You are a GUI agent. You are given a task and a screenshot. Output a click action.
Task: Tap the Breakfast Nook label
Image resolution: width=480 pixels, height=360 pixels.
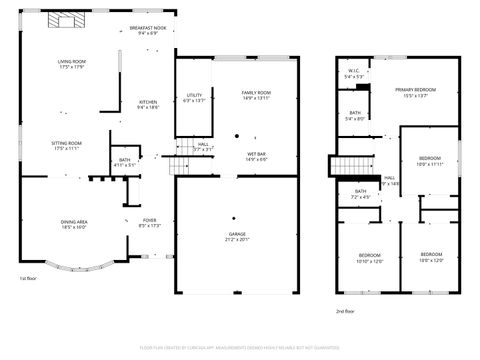click(x=147, y=29)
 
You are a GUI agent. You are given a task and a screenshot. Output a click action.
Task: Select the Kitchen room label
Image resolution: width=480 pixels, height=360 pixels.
click(x=148, y=102)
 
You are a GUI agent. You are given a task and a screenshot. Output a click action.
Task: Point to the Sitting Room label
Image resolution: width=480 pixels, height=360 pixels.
click(x=67, y=143)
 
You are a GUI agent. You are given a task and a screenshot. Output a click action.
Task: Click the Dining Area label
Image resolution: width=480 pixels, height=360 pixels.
click(x=75, y=222)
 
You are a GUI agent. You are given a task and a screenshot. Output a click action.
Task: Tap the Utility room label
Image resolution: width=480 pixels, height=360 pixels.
click(x=194, y=96)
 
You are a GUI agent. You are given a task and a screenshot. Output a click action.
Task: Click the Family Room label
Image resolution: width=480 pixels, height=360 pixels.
click(x=257, y=93)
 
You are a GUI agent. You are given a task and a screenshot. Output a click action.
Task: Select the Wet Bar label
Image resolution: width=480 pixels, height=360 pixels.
click(x=257, y=154)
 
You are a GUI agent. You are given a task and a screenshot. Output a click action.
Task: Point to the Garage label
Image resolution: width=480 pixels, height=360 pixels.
click(x=236, y=235)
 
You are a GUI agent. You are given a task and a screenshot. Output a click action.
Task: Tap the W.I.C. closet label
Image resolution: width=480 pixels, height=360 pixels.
click(x=354, y=71)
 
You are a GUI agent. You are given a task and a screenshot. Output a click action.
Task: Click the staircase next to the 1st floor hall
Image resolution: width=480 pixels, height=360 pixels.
click(x=180, y=165)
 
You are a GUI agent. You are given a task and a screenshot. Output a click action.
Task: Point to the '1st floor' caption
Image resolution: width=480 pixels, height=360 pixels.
click(x=30, y=279)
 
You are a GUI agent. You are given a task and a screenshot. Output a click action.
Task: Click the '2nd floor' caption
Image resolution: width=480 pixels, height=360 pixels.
click(x=344, y=311)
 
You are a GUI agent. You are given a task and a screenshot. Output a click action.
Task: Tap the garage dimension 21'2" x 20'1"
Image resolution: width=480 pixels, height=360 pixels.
click(x=236, y=240)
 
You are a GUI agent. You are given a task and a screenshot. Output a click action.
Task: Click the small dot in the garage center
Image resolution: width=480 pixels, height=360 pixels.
click(x=234, y=217)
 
